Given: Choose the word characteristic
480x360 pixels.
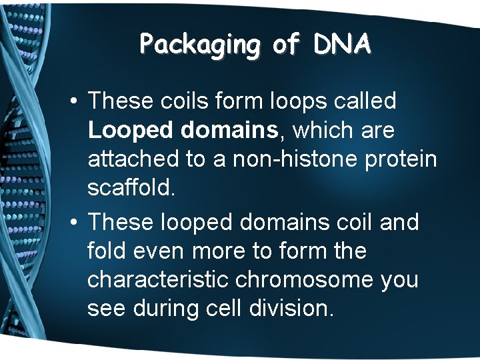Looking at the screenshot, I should tap(158, 280).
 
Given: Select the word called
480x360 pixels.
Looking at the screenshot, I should tap(365, 101).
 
